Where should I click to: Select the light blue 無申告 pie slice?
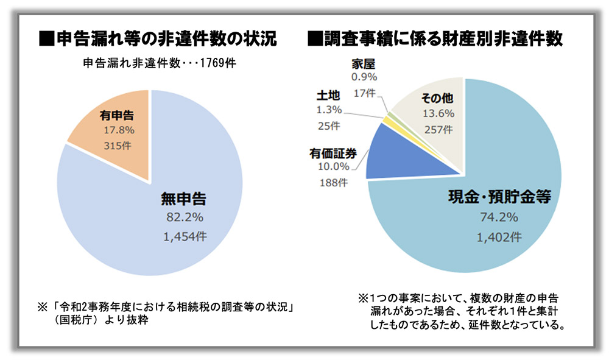tap(152, 244)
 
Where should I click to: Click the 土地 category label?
tap(328, 96)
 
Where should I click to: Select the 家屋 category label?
tap(364, 63)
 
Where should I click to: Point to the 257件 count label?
tap(437, 129)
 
